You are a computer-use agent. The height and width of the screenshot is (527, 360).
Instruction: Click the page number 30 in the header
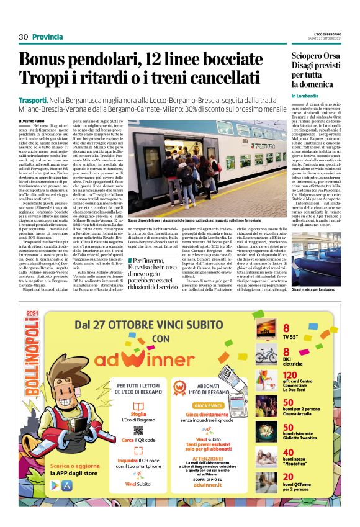tap(24, 37)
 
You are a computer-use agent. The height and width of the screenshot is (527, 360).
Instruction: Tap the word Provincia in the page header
tap(48, 37)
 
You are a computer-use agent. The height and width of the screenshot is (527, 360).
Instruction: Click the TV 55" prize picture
tap(266, 329)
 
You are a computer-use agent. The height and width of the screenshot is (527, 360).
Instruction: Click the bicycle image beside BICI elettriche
tap(266, 354)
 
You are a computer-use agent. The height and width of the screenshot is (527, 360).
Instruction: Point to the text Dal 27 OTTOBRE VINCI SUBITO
tap(158, 325)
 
